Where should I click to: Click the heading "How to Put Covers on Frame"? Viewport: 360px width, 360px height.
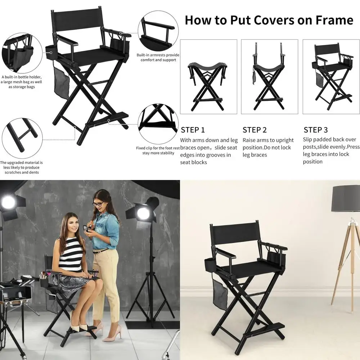pyautogui.click(x=269, y=20)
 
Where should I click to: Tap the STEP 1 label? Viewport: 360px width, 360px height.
pyautogui.click(x=193, y=130)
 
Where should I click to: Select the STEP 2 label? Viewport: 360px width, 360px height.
pyautogui.click(x=255, y=130)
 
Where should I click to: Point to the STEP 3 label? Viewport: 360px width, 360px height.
pyautogui.click(x=316, y=130)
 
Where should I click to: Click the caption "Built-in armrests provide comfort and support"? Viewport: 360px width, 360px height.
pyautogui.click(x=158, y=58)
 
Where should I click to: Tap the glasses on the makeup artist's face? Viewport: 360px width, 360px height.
pyautogui.click(x=98, y=204)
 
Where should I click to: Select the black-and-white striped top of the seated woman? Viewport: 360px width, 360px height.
pyautogui.click(x=71, y=258)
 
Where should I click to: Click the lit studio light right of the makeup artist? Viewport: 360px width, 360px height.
pyautogui.click(x=143, y=213)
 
